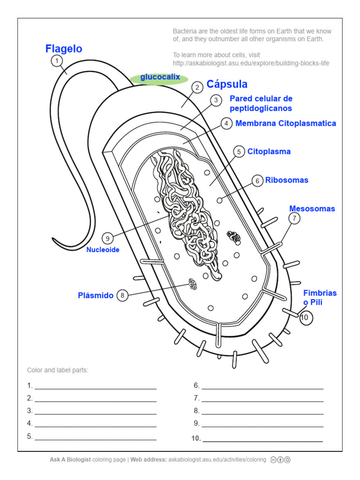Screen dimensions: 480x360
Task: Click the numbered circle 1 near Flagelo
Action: click(57, 61)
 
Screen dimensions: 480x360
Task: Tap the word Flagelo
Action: click(64, 49)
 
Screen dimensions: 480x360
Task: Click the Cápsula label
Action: click(227, 84)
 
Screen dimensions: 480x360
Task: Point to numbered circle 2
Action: click(197, 87)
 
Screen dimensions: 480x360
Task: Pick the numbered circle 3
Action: click(216, 100)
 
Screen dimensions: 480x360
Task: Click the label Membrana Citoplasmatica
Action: click(285, 123)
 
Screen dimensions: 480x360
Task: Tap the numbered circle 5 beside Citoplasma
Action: click(239, 151)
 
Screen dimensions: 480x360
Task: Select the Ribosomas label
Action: click(287, 180)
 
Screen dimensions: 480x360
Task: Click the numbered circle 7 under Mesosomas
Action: click(294, 218)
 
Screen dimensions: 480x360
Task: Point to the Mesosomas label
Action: click(312, 209)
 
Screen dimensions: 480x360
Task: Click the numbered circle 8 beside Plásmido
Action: click(122, 295)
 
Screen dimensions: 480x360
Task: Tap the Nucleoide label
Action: click(103, 250)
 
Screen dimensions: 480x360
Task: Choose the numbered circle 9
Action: click(107, 238)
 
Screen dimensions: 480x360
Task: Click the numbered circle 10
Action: click(305, 318)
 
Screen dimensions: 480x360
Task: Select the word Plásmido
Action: click(96, 295)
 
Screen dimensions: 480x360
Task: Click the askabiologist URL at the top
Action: click(251, 63)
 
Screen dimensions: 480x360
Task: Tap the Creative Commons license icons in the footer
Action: click(280, 460)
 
